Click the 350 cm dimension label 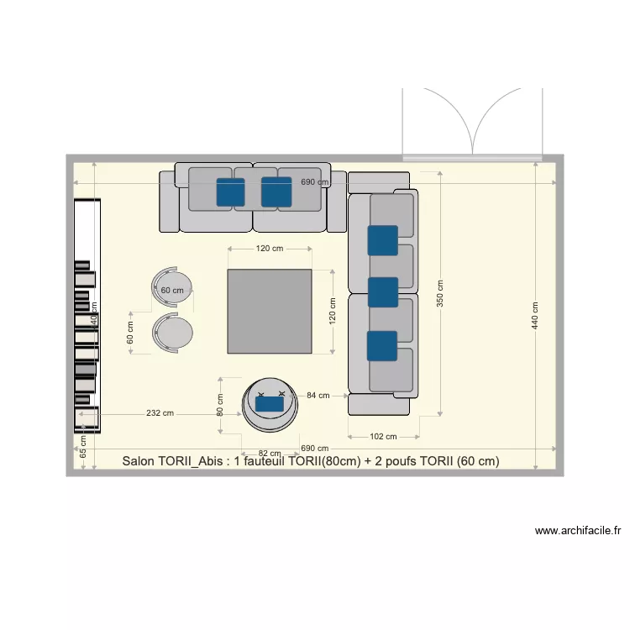(440, 294)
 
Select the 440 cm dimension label (535, 315)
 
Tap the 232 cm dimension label (160, 413)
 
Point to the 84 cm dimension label (318, 395)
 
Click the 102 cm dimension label (383, 436)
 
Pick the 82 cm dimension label (269, 454)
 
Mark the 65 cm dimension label (83, 445)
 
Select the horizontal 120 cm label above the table (270, 249)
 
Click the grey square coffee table (269, 311)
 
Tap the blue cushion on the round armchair (270, 404)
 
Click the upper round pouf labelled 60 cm (173, 288)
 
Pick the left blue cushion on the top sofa (230, 192)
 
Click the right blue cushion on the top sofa (276, 192)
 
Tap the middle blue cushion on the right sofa (382, 291)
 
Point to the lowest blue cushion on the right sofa (381, 345)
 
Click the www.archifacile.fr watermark (578, 531)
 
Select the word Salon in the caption (139, 461)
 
